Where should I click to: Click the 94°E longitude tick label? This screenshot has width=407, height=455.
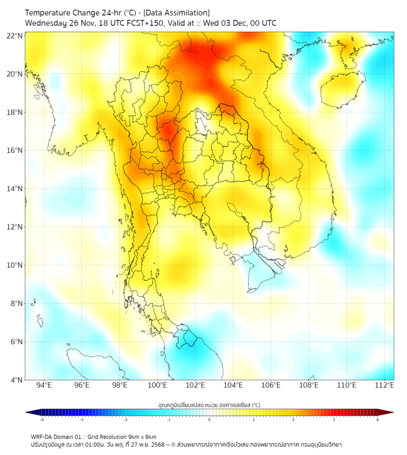pos(44,385)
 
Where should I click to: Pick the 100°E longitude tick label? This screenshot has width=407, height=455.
pos(158,385)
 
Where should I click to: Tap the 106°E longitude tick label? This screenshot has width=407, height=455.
pos(272,385)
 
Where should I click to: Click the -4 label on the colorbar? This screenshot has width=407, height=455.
pos(42,420)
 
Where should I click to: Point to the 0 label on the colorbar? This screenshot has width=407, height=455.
pos(210,420)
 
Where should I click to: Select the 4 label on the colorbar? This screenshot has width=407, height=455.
pos(377,420)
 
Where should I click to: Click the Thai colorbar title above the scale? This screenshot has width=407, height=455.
pos(209,405)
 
